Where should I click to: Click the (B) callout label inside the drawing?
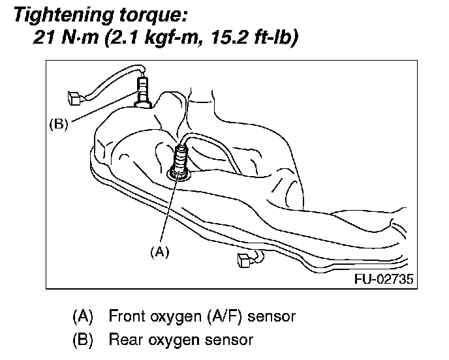tap(59, 124)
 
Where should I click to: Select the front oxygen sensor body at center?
tap(179, 159)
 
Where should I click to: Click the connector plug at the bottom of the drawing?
tap(244, 260)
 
